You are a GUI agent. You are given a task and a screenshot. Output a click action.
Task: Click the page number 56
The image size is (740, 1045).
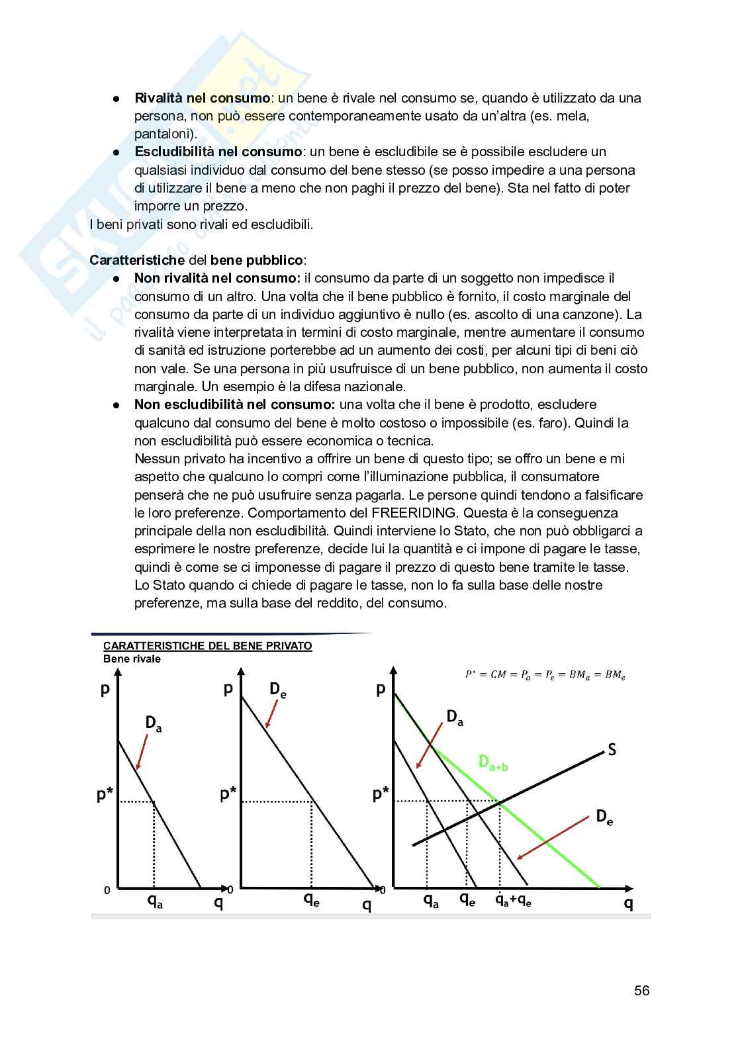[x=641, y=991]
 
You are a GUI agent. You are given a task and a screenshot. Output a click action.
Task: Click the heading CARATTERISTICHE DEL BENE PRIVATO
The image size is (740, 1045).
[x=207, y=646]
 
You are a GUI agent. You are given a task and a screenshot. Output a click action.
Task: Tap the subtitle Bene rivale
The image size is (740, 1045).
[x=132, y=659]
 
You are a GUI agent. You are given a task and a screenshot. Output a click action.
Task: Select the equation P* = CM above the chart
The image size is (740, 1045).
[x=545, y=674]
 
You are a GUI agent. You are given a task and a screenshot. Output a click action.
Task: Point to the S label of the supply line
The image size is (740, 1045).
[x=612, y=750]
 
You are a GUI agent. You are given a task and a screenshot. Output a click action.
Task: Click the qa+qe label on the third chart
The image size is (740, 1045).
[x=514, y=901]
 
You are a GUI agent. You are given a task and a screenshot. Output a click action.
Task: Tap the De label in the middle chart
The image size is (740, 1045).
[x=277, y=690]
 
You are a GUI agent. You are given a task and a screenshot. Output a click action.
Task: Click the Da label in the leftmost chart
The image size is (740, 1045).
[x=154, y=723]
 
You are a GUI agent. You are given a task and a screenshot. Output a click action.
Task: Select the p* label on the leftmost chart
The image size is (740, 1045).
[x=105, y=795]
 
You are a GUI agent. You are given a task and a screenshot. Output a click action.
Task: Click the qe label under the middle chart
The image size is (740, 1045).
[x=311, y=899]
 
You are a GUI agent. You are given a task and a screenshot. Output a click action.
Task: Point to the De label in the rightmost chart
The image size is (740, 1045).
[x=604, y=817]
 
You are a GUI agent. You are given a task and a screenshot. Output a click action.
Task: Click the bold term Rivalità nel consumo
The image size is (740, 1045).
[x=202, y=98]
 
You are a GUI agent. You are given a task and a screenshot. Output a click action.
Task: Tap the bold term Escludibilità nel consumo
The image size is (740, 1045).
[x=218, y=152]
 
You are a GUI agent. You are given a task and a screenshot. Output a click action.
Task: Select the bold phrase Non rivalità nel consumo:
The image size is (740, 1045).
[x=217, y=279]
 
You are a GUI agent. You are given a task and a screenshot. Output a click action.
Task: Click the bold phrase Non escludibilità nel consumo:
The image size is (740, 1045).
[x=234, y=404]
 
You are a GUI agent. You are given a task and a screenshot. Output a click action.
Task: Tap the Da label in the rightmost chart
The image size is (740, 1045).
[x=455, y=717]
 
